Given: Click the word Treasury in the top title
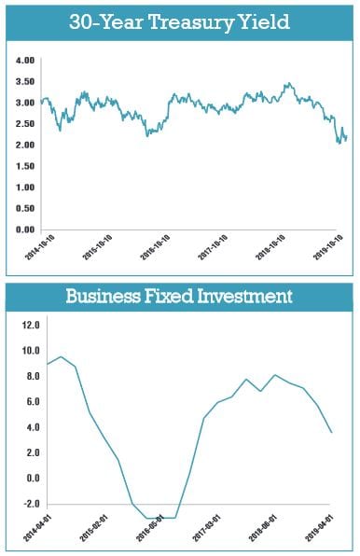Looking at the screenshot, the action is [191, 23].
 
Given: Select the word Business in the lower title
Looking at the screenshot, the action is [104, 296].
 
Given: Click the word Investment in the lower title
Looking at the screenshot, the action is [244, 296].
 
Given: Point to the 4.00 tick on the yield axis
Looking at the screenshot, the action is [25, 61].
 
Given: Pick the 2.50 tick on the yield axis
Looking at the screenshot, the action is [25, 124].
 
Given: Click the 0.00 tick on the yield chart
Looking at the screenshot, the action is [25, 229].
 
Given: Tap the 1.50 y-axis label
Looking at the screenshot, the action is [25, 166].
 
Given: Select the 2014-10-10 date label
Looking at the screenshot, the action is [40, 247].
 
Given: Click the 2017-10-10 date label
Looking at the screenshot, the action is [213, 247].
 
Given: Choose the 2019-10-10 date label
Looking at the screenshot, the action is [328, 247].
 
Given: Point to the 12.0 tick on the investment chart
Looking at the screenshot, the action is [31, 325].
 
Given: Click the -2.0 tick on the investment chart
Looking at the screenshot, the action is [31, 504].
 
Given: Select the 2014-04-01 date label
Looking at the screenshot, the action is [37, 528].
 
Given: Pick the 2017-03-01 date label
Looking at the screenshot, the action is [206, 528].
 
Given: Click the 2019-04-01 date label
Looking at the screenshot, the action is [319, 528].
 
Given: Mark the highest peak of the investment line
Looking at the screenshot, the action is [62, 356].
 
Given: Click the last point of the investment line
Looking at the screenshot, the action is [332, 433].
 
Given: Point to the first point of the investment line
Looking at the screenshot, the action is [48, 364].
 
